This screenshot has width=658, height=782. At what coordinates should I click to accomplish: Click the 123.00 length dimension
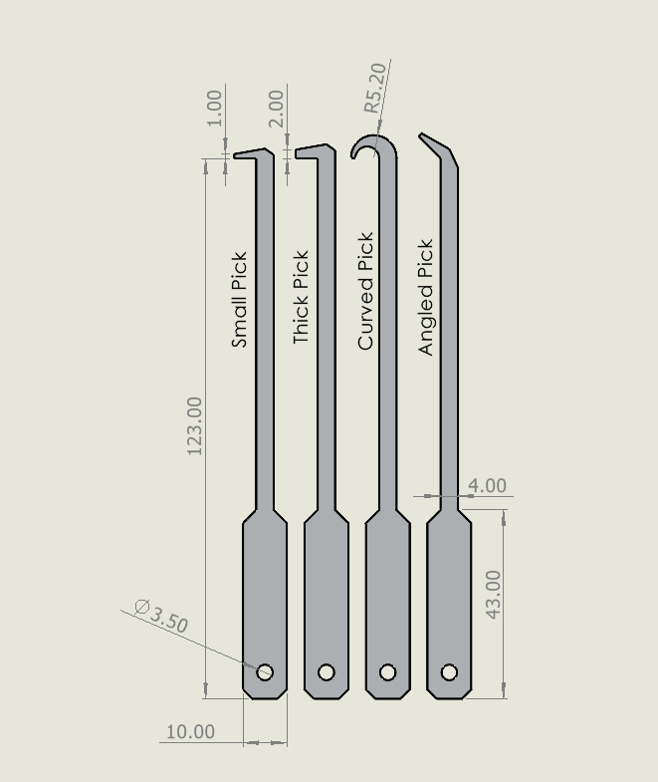(195, 425)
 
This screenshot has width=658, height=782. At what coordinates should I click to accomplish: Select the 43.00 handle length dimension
(493, 594)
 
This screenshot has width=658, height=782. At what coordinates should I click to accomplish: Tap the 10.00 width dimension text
(190, 731)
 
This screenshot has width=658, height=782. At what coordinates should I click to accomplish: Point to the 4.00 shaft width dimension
(487, 486)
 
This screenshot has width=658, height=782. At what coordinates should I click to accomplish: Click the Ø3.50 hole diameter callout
(160, 617)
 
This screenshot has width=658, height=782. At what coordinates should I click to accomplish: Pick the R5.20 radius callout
(374, 89)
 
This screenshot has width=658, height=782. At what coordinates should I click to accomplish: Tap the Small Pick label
(239, 299)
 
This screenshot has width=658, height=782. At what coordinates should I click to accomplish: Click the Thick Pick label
(302, 298)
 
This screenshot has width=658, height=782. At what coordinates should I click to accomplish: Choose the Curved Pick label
(365, 291)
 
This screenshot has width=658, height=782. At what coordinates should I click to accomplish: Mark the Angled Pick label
(427, 297)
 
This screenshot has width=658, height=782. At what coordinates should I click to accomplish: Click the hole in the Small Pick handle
(265, 672)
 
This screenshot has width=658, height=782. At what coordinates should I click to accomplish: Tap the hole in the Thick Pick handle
(327, 672)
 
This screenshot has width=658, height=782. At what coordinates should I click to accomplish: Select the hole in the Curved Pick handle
(388, 672)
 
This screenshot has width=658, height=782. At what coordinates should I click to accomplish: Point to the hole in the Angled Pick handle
(449, 672)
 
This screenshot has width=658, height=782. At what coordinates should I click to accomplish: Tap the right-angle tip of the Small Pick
(249, 154)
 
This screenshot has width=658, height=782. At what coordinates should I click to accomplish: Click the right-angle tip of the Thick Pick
(310, 152)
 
